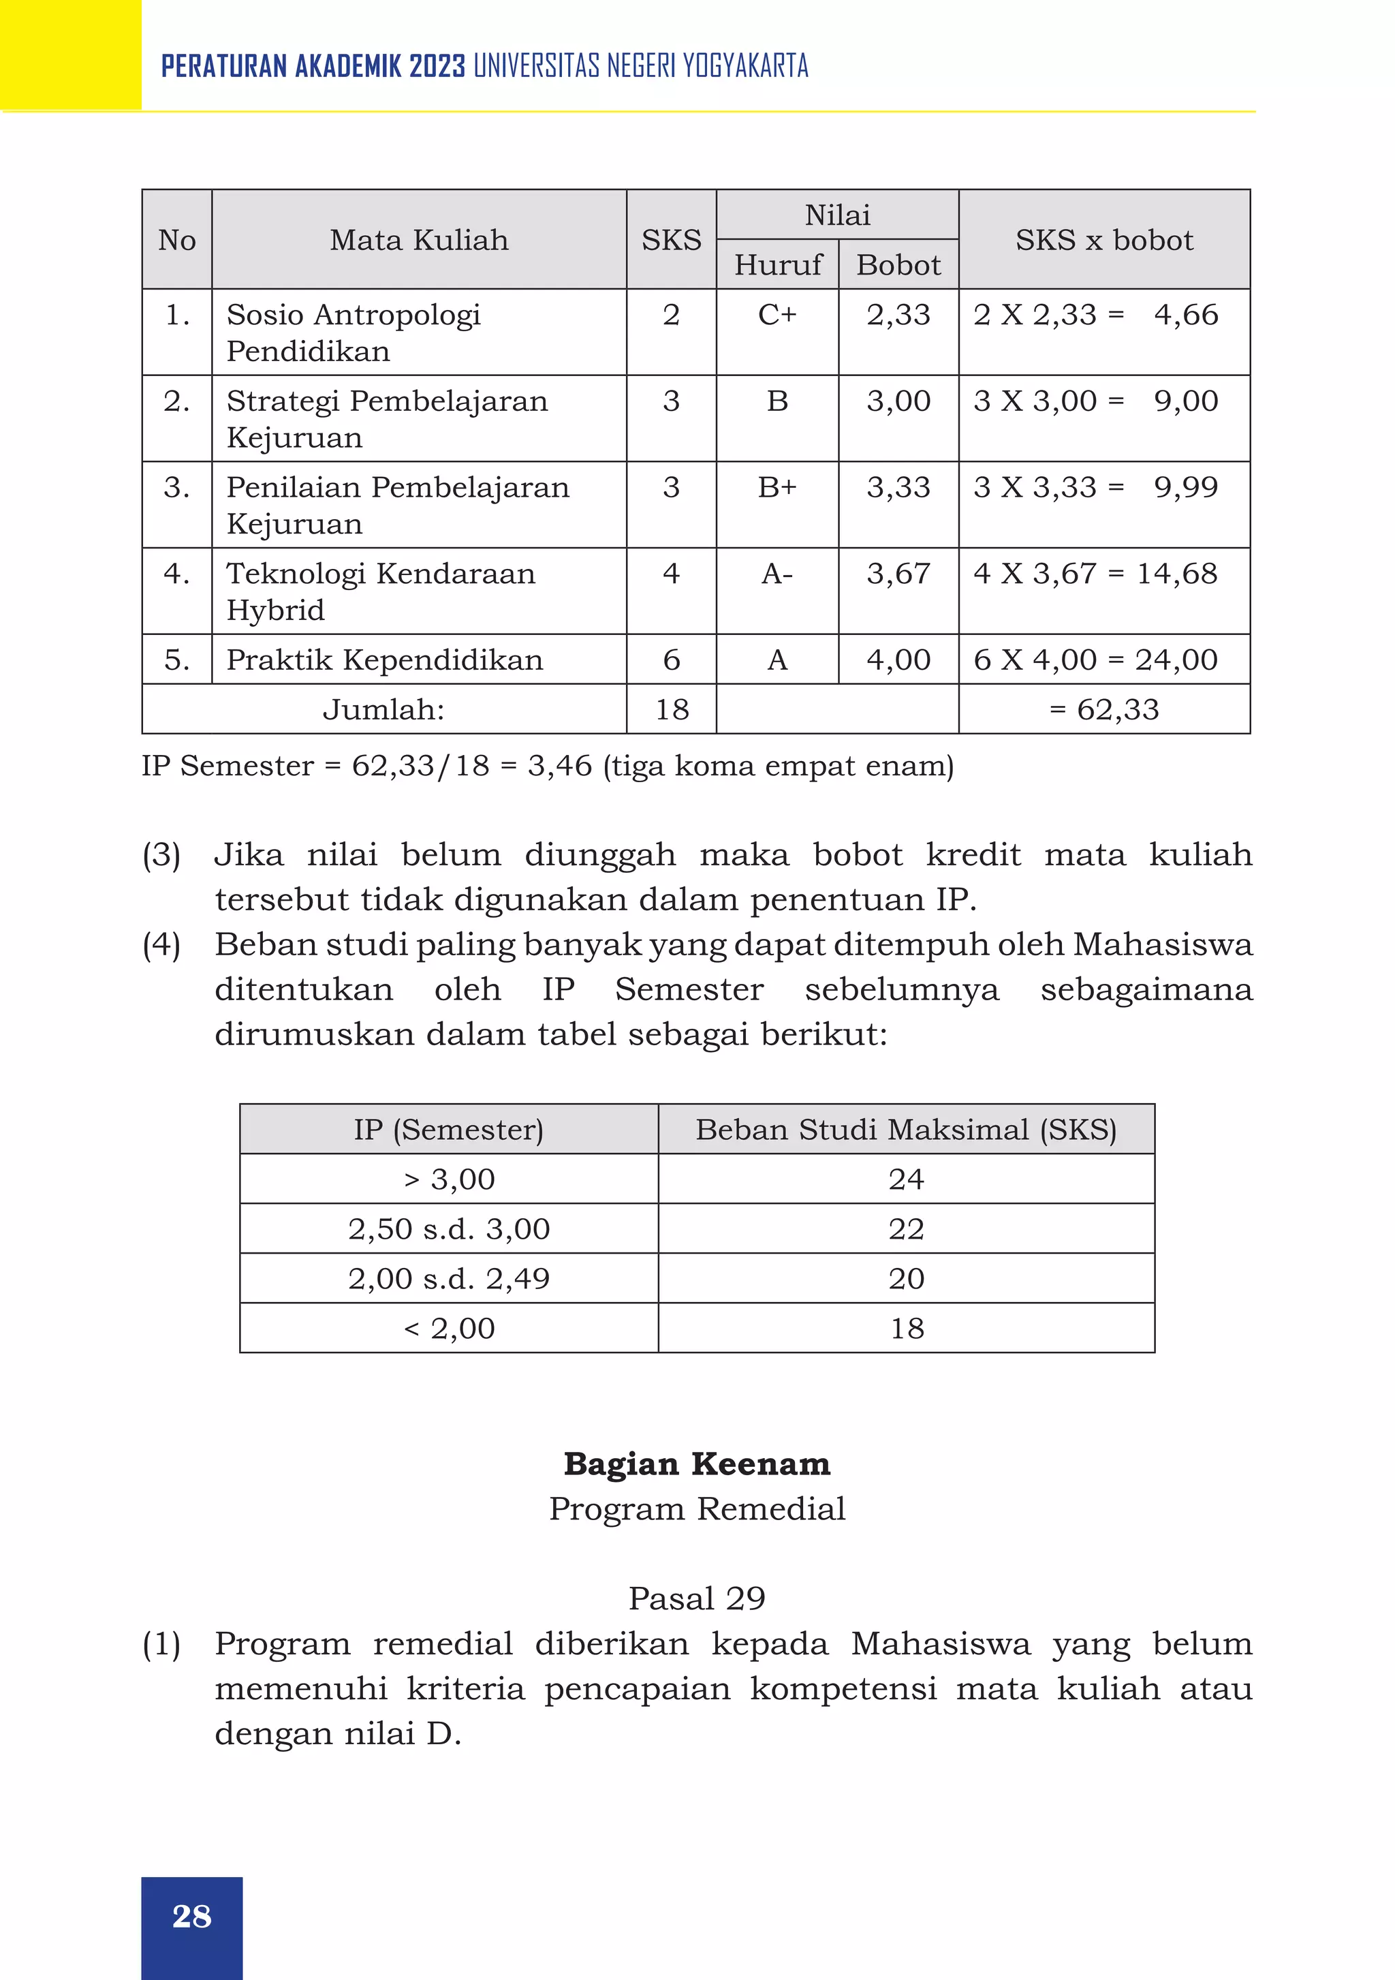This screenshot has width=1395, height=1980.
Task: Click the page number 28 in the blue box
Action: click(x=191, y=1915)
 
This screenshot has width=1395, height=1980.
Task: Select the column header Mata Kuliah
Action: click(x=419, y=240)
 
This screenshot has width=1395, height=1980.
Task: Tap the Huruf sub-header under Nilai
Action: click(x=778, y=265)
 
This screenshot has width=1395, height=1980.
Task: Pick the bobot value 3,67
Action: click(x=898, y=574)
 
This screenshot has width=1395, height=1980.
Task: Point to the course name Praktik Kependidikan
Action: click(x=385, y=660)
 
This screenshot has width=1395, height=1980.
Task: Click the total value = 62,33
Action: click(x=1104, y=710)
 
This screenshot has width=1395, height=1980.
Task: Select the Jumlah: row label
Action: click(x=383, y=710)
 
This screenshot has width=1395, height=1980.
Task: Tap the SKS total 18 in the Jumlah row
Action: click(x=672, y=710)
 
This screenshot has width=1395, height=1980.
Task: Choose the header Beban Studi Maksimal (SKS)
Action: click(x=906, y=1130)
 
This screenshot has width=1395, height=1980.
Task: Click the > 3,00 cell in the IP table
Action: click(x=449, y=1179)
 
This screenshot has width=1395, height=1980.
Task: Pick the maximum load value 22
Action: click(x=906, y=1229)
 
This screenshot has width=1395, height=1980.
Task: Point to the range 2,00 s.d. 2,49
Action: click(x=449, y=1279)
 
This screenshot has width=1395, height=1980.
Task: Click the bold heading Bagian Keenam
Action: click(x=697, y=1464)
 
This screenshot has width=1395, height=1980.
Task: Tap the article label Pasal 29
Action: click(x=697, y=1598)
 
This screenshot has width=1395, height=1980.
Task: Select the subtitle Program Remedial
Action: click(x=697, y=1509)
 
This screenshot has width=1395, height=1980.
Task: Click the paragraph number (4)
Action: click(x=161, y=944)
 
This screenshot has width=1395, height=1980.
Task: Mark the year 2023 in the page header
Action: click(x=437, y=66)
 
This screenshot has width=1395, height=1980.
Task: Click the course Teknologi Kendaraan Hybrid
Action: click(x=380, y=591)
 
